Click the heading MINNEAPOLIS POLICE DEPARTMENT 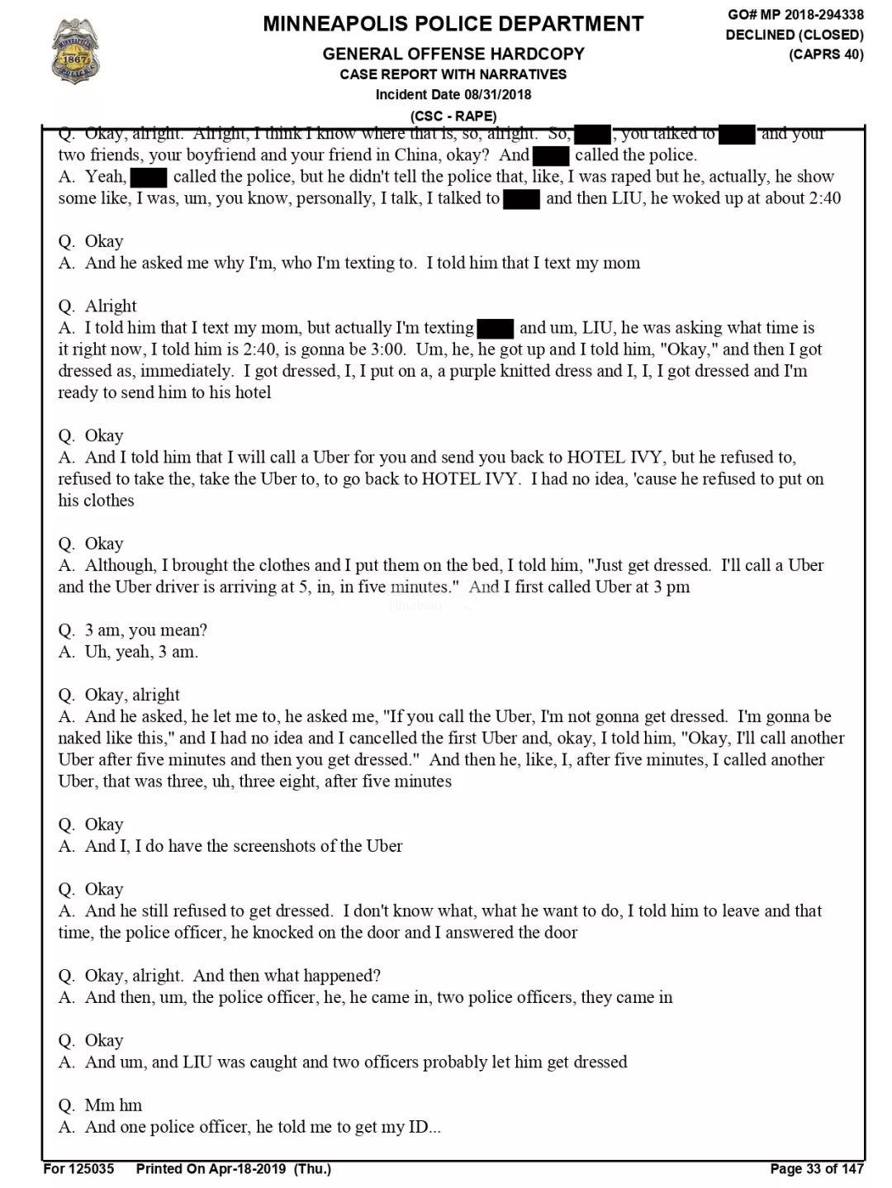pos(453,24)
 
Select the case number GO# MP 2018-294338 pos(795,15)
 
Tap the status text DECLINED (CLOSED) pos(795,35)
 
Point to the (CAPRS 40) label pos(826,55)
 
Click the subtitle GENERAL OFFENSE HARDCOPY pos(453,55)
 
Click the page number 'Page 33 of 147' pos(816,1168)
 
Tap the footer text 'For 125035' pos(78,1168)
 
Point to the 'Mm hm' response pos(113,1105)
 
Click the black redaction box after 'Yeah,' pos(149,178)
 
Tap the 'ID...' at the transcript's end pos(425,1127)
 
